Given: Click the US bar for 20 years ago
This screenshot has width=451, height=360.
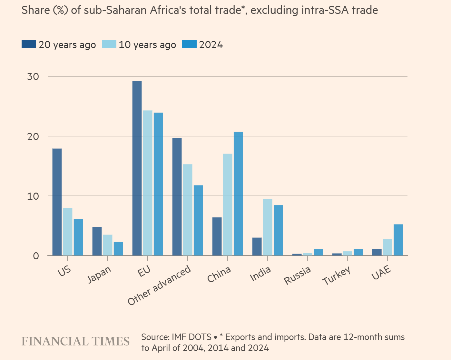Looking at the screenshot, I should (x=57, y=202).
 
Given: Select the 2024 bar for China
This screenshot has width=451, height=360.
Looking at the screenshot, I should (x=238, y=194).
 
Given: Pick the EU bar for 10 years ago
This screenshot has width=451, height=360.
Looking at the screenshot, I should (x=148, y=183).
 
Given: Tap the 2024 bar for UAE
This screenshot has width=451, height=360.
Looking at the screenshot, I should (x=398, y=240).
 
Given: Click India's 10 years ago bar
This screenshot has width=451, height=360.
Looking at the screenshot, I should (x=268, y=227).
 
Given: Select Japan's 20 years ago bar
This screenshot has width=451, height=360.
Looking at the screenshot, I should (x=97, y=241).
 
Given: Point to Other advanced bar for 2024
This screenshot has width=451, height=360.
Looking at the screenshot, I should (x=198, y=220).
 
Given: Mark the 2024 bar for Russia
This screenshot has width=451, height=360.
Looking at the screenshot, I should (x=318, y=252).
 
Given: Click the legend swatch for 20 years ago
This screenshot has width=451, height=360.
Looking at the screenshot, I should (x=29, y=44).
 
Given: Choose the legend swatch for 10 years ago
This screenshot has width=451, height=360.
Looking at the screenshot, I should (x=109, y=44).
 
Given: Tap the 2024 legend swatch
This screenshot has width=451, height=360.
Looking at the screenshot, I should (x=189, y=44).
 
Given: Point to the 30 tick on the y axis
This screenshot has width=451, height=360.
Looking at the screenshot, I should (x=33, y=77).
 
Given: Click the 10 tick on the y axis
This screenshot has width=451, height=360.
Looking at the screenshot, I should (x=33, y=196).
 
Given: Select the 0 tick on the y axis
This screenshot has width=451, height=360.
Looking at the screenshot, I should (x=36, y=256).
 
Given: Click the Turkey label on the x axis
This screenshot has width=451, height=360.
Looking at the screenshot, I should (x=337, y=276).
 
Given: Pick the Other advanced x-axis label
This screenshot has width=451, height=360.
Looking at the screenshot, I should (x=159, y=286).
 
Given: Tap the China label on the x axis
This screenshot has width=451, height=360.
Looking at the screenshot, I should (x=219, y=274).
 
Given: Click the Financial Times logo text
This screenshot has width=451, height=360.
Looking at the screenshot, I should (x=75, y=342).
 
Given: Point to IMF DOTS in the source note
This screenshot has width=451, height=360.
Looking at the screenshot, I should (x=191, y=337).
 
